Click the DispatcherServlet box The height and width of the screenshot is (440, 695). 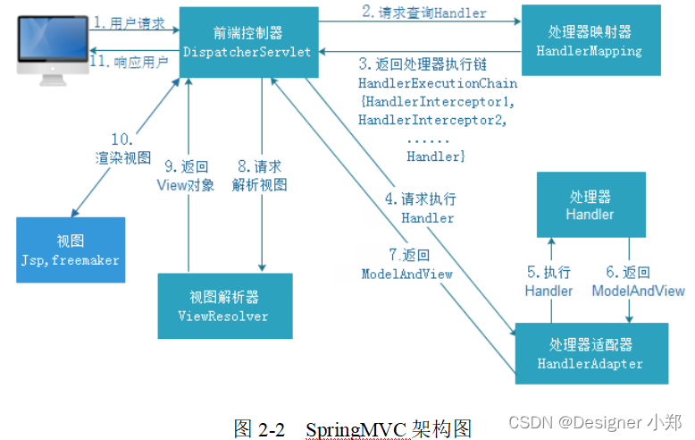coord(247,41)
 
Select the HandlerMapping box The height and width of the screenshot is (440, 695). coord(590,41)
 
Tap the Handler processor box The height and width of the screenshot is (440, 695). coord(590,206)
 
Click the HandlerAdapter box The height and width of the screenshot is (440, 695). coord(590,354)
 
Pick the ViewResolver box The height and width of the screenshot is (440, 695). coord(223,307)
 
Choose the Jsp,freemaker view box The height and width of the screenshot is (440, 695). coord(70,250)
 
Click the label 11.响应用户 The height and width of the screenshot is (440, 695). coord(131,62)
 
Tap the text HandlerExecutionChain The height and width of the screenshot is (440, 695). coord(438,83)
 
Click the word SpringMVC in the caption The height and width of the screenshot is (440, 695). coord(356,427)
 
